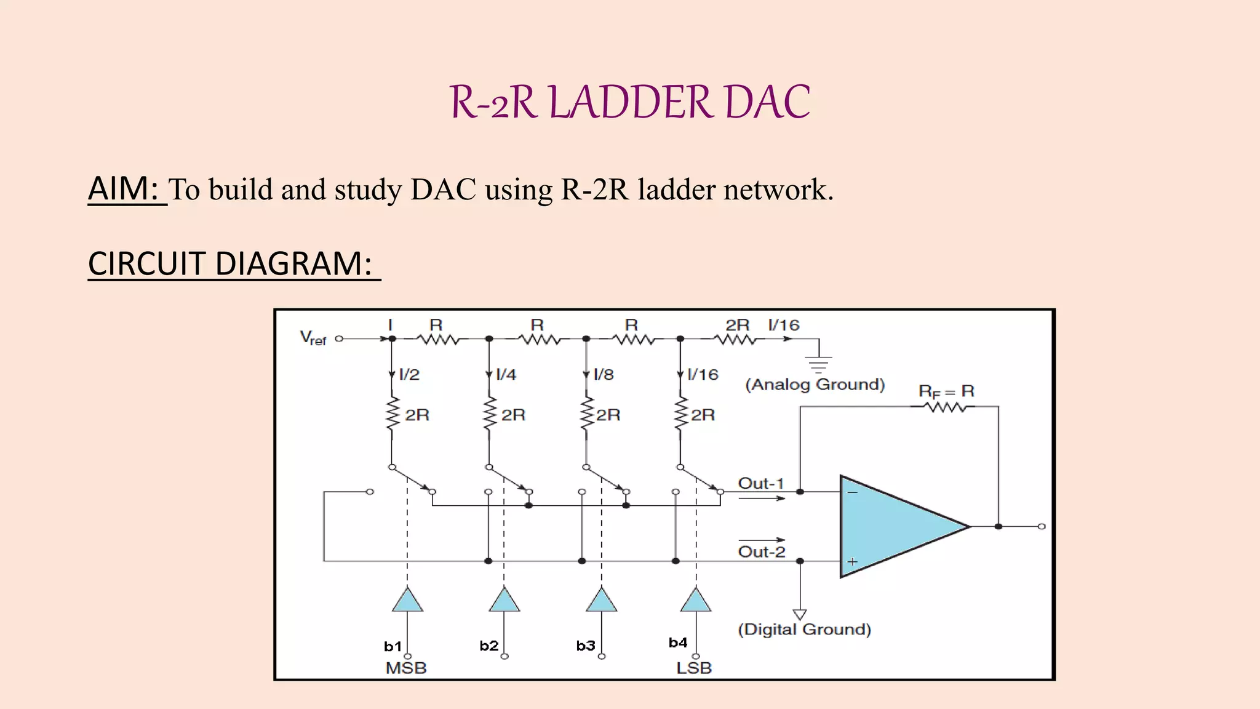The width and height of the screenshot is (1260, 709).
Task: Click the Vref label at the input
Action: pos(313,338)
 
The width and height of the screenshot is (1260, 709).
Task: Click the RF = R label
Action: pos(946,391)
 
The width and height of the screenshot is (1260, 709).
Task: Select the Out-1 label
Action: pos(761,483)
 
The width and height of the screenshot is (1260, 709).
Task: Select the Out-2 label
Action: pos(762,551)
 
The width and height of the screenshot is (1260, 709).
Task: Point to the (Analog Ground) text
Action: pos(815,385)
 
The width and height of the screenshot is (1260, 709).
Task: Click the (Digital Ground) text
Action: pos(804,629)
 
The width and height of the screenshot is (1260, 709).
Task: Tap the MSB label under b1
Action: pos(406,668)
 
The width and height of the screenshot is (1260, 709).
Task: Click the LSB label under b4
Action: pos(694,668)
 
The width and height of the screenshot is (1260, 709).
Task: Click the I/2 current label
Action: pos(409,374)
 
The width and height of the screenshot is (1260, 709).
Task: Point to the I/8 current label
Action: pos(604,374)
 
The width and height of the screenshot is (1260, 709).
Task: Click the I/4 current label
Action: pos(506,374)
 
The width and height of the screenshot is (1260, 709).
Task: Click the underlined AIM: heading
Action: pos(126,188)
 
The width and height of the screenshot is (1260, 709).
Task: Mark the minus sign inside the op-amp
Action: pos(853,492)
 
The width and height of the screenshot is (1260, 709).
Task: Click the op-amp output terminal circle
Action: pos(1042,526)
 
